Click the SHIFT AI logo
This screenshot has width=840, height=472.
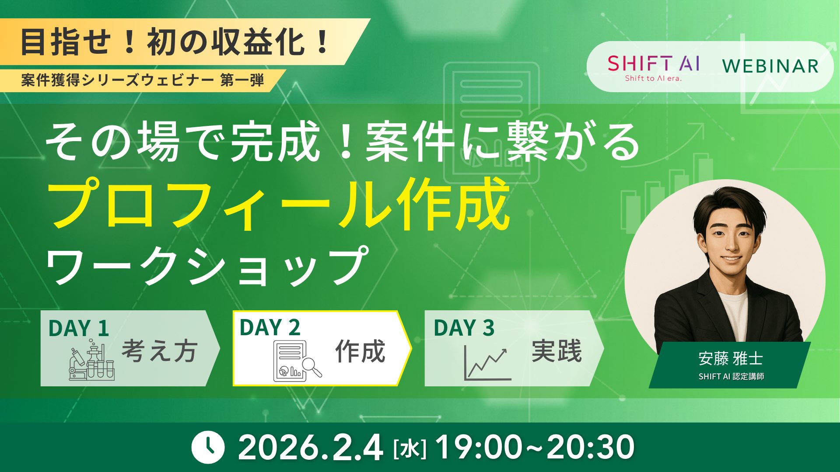653,67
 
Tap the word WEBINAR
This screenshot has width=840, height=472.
770,66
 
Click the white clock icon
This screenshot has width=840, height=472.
208,448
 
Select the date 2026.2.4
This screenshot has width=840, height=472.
310,448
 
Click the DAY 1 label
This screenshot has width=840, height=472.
79,328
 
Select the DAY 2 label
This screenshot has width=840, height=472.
270,328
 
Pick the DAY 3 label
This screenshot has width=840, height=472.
464,328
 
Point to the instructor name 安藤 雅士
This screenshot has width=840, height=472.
731,359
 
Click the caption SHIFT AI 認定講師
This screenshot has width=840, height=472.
731,377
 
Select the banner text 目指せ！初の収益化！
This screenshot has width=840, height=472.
175,42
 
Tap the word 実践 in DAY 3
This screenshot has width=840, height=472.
556,351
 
